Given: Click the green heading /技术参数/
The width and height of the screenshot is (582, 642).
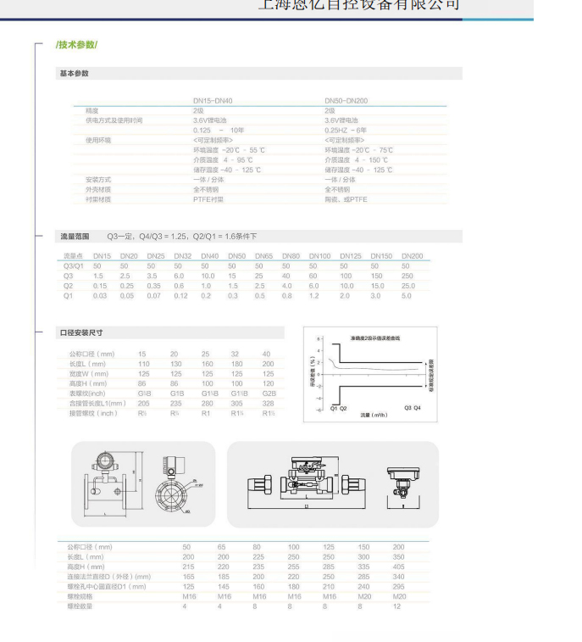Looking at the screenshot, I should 77,44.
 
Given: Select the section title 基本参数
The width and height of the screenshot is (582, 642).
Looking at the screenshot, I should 74,74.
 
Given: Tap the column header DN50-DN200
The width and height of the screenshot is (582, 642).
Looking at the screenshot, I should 346,101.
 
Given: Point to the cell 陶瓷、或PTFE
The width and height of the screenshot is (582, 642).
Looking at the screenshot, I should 346,199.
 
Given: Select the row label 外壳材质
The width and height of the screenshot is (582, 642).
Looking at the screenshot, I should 98,189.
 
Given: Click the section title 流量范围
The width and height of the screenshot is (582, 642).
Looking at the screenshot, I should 74,237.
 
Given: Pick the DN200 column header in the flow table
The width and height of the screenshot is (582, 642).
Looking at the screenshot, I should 412,256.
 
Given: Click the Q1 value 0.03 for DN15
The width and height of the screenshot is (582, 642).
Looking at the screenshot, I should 101,296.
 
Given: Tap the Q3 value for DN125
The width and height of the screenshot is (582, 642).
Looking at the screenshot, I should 346,276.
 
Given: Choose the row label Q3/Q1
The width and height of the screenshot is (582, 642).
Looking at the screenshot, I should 74,266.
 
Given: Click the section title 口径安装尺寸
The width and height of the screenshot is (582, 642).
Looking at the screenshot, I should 80,332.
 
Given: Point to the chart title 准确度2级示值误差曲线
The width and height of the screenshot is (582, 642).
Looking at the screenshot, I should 376,338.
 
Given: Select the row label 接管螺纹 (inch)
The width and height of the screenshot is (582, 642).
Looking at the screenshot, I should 93,413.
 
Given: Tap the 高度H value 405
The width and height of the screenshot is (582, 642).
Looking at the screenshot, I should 398,567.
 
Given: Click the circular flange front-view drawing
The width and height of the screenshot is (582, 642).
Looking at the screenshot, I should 175,493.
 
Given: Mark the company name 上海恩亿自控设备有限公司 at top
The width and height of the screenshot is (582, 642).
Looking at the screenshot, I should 358,5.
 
